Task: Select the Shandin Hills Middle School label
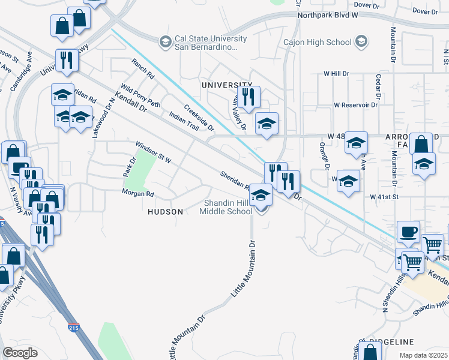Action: coord(227,207)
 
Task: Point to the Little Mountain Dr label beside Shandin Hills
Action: coord(244,269)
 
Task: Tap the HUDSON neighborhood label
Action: coord(165,212)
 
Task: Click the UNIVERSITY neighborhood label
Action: coord(227,85)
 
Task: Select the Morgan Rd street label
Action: coord(138,194)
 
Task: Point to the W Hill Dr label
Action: coord(336,73)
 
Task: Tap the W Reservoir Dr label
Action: coord(356,104)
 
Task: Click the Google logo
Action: coord(20,353)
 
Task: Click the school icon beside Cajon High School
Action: coord(361,41)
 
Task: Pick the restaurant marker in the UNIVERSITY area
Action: coord(247,97)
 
